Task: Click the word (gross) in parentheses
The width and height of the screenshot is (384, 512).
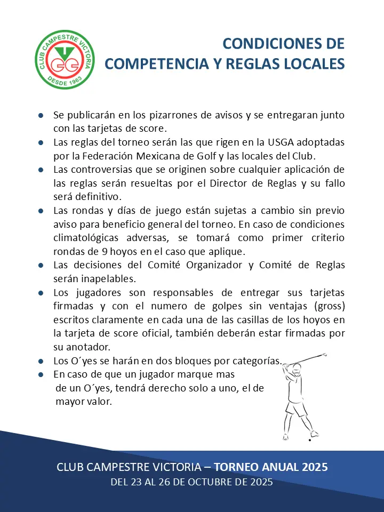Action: click(x=326, y=306)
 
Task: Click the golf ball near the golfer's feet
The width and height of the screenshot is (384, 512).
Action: click(x=310, y=441)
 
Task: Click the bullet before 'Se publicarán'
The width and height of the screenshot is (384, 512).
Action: click(x=41, y=115)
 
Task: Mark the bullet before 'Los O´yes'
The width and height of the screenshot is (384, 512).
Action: click(x=41, y=361)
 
